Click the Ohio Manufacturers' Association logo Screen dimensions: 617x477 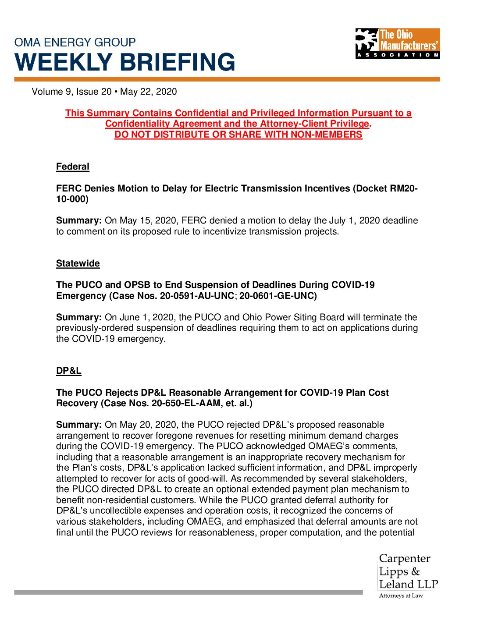click(397, 43)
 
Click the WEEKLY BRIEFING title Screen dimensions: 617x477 click(125, 62)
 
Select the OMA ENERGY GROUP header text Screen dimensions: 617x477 click(75, 43)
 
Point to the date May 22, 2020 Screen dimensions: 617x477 click(149, 92)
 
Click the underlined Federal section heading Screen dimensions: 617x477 click(73, 167)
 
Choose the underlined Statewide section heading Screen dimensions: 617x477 click(78, 263)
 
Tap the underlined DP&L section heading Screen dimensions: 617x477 click(69, 371)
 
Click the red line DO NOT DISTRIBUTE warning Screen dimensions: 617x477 click(238, 135)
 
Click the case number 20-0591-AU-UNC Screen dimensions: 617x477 click(197, 296)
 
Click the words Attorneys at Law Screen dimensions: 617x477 click(401, 596)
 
